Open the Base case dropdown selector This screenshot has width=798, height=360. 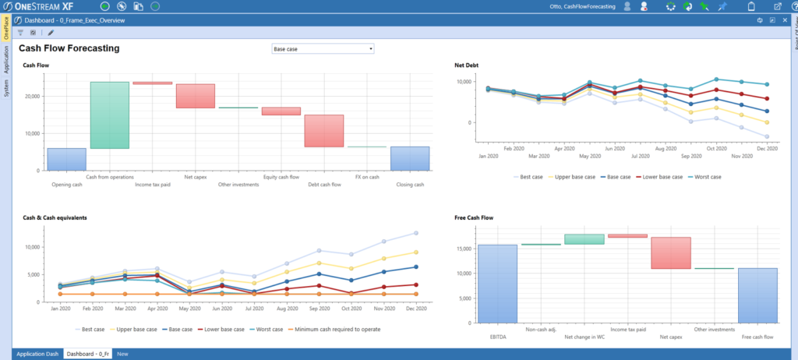pyautogui.click(x=323, y=48)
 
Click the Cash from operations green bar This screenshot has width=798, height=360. pyautogui.click(x=109, y=115)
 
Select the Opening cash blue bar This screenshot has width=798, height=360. pyautogui.click(x=66, y=159)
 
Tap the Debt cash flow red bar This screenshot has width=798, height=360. pyautogui.click(x=323, y=131)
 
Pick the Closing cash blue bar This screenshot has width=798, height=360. pyautogui.click(x=409, y=158)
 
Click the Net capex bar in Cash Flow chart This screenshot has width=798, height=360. pyautogui.click(x=195, y=96)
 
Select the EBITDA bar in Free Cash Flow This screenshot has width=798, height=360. pyautogui.click(x=497, y=284)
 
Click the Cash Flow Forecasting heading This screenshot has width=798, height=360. pyautogui.click(x=69, y=48)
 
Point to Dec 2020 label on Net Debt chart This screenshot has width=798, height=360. pyautogui.click(x=768, y=147)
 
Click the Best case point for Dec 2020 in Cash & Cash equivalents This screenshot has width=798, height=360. pyautogui.click(x=415, y=233)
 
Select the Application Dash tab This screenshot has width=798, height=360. pyautogui.click(x=37, y=354)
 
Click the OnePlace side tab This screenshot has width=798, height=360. pyautogui.click(x=6, y=27)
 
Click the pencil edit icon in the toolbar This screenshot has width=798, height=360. pyautogui.click(x=51, y=33)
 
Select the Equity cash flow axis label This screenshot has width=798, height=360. pyautogui.click(x=281, y=178)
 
